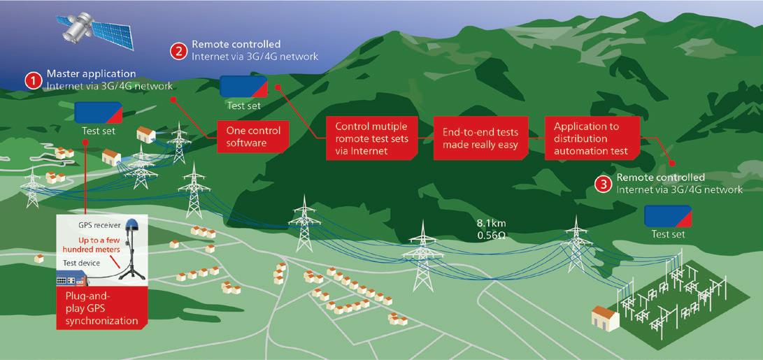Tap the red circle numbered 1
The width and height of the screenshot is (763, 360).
pos(33,80)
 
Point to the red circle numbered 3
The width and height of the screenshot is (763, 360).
pos(602,184)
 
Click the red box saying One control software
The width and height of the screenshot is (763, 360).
pos(253,136)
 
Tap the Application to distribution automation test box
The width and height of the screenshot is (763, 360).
pos(592,138)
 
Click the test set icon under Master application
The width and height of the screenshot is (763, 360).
pos(99,113)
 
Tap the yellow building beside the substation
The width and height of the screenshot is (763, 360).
pos(606,319)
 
